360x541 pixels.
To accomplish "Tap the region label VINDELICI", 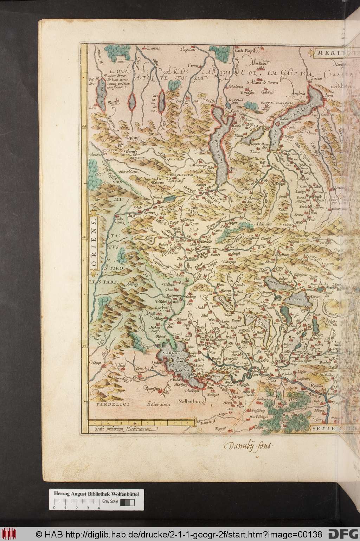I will coord(112,405).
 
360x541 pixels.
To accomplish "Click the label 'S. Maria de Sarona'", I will coord(262,83).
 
